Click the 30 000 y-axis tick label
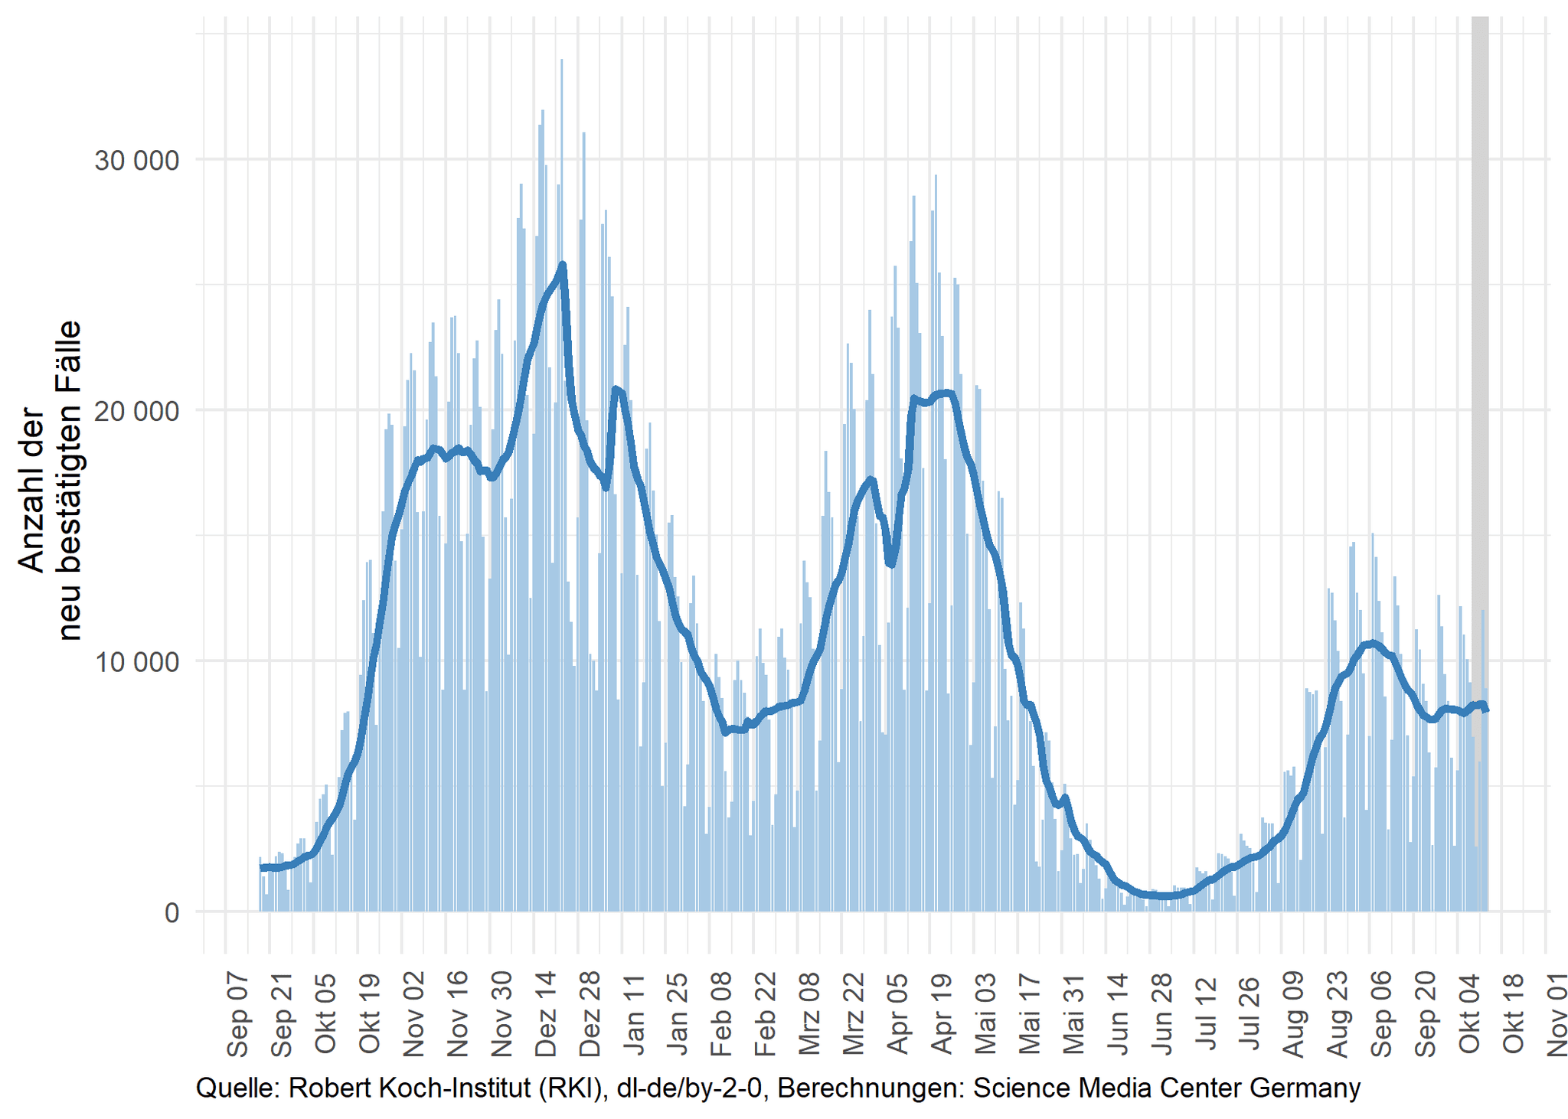pos(136,161)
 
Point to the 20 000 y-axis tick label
pos(136,411)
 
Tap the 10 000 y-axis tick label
pos(136,661)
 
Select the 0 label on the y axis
pos(171,912)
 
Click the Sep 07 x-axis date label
pos(237,1015)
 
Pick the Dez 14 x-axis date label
pos(545,1015)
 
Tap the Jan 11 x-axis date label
pos(633,1015)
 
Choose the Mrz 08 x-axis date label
pos(809,1015)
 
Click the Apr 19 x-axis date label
pos(941,1015)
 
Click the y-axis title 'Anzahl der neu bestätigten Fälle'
pos(49,481)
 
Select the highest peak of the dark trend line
pos(563,265)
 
